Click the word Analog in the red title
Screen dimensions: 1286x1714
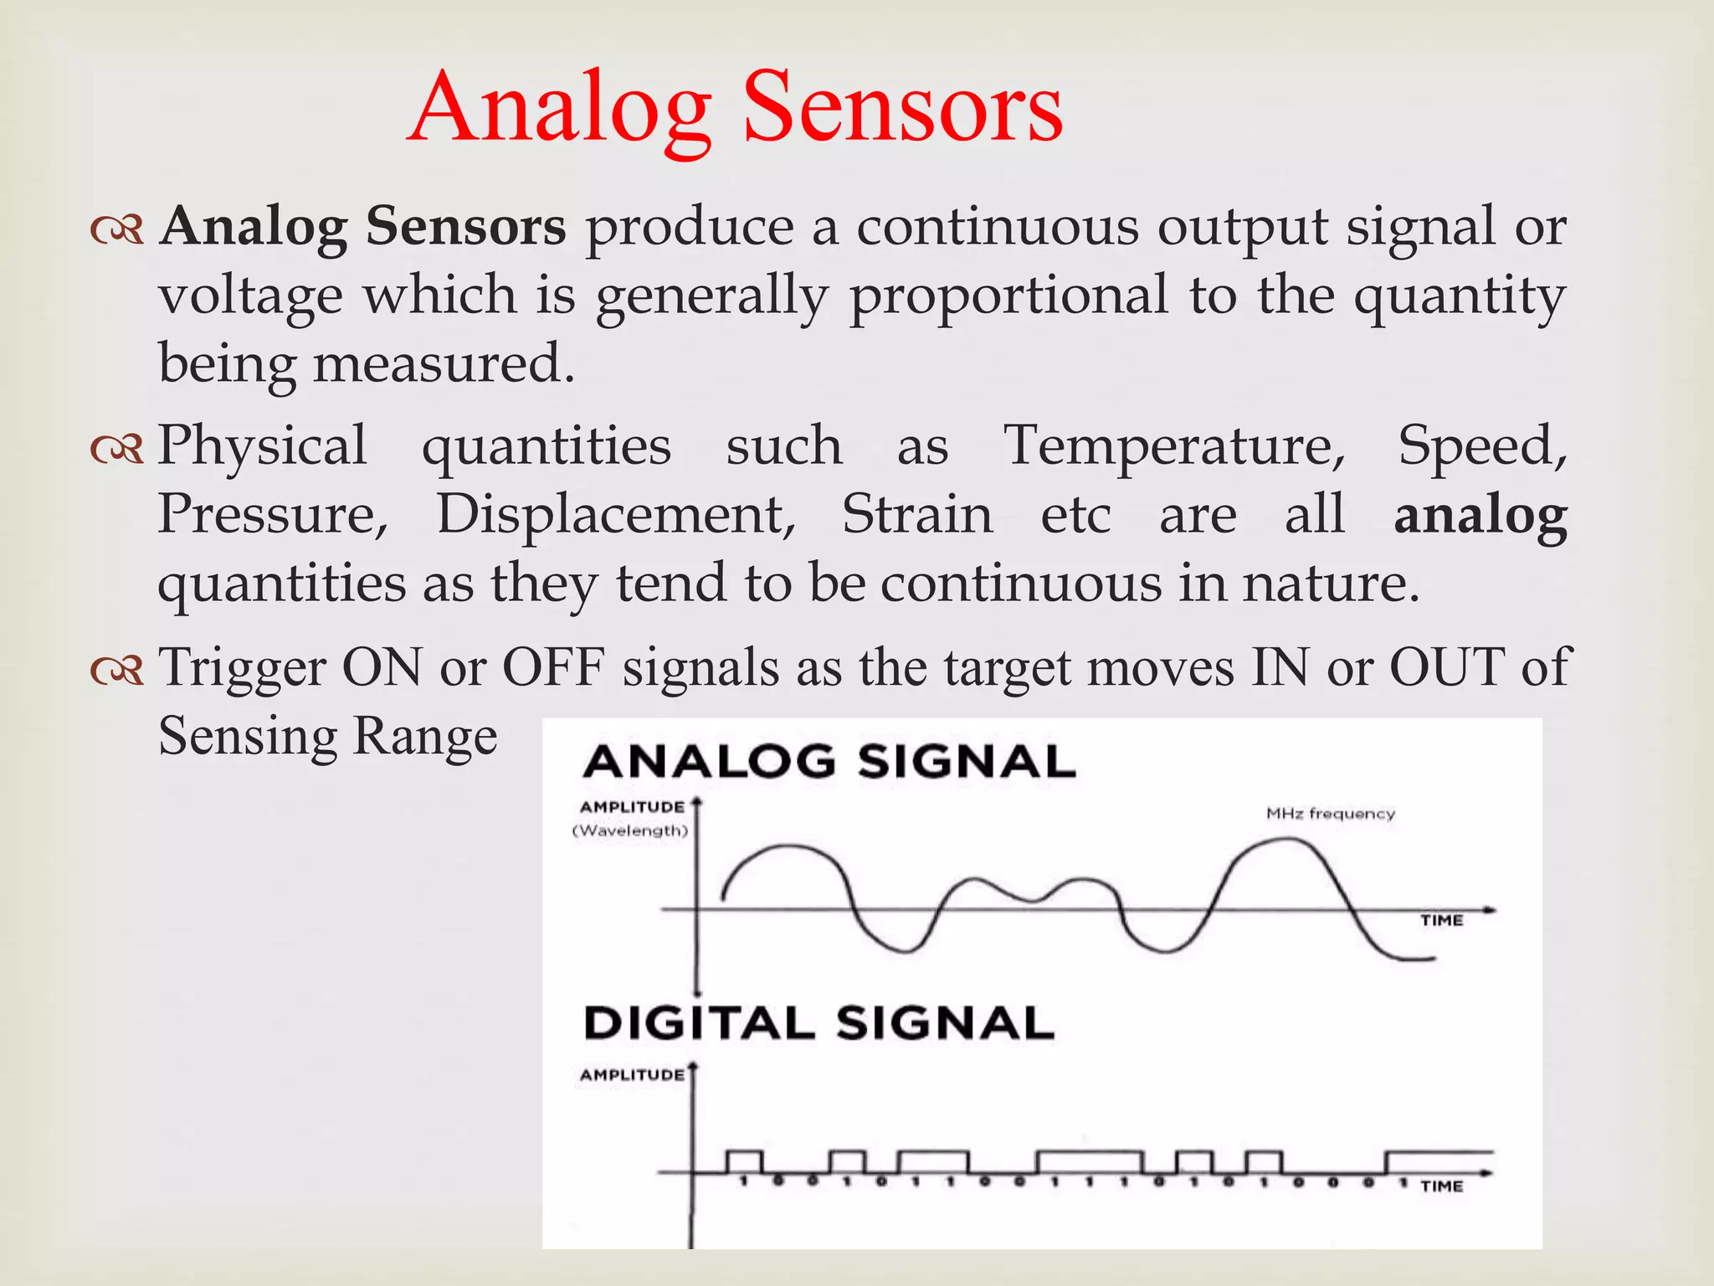point(561,109)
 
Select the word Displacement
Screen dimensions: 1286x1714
point(616,514)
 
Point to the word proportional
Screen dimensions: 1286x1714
point(1008,296)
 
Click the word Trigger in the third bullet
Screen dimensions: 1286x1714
point(243,668)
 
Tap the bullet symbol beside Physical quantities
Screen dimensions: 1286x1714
point(117,450)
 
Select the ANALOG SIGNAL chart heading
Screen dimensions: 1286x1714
point(829,762)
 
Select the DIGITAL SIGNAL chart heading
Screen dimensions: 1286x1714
point(819,1023)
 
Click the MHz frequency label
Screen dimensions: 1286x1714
point(1330,813)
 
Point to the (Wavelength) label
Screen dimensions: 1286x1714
point(630,831)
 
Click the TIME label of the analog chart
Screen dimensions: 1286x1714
point(1441,920)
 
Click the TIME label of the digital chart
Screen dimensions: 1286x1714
point(1441,1186)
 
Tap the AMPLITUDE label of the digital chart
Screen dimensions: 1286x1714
point(632,1074)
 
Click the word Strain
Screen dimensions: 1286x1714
point(916,514)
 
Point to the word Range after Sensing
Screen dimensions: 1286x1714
point(425,737)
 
